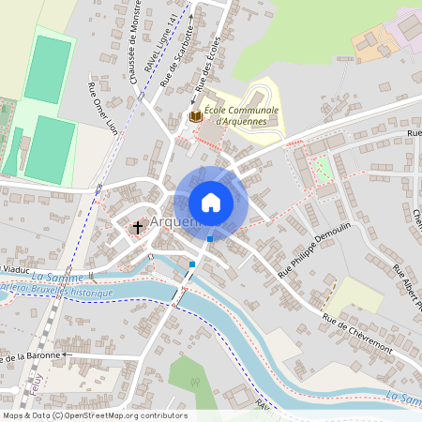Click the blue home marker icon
pos(211,203)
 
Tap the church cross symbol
pos(138,227)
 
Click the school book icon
pos(195,116)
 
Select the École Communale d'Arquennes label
pos(234,115)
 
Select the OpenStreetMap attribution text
pos(94,415)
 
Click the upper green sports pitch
pos(48,69)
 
